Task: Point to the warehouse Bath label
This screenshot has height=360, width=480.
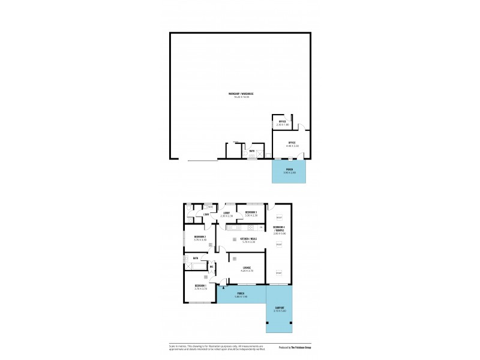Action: [252, 151]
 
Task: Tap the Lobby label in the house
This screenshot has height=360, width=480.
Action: [227, 212]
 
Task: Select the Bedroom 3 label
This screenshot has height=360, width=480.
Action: [251, 212]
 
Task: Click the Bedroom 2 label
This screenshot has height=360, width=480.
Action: [200, 237]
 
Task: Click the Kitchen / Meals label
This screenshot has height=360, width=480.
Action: [248, 239]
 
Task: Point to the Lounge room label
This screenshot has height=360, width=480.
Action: [246, 268]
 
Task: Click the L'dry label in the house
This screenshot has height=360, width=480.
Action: [205, 214]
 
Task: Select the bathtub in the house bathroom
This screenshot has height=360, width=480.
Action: [196, 265]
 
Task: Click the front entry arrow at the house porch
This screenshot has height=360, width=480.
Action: [222, 288]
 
